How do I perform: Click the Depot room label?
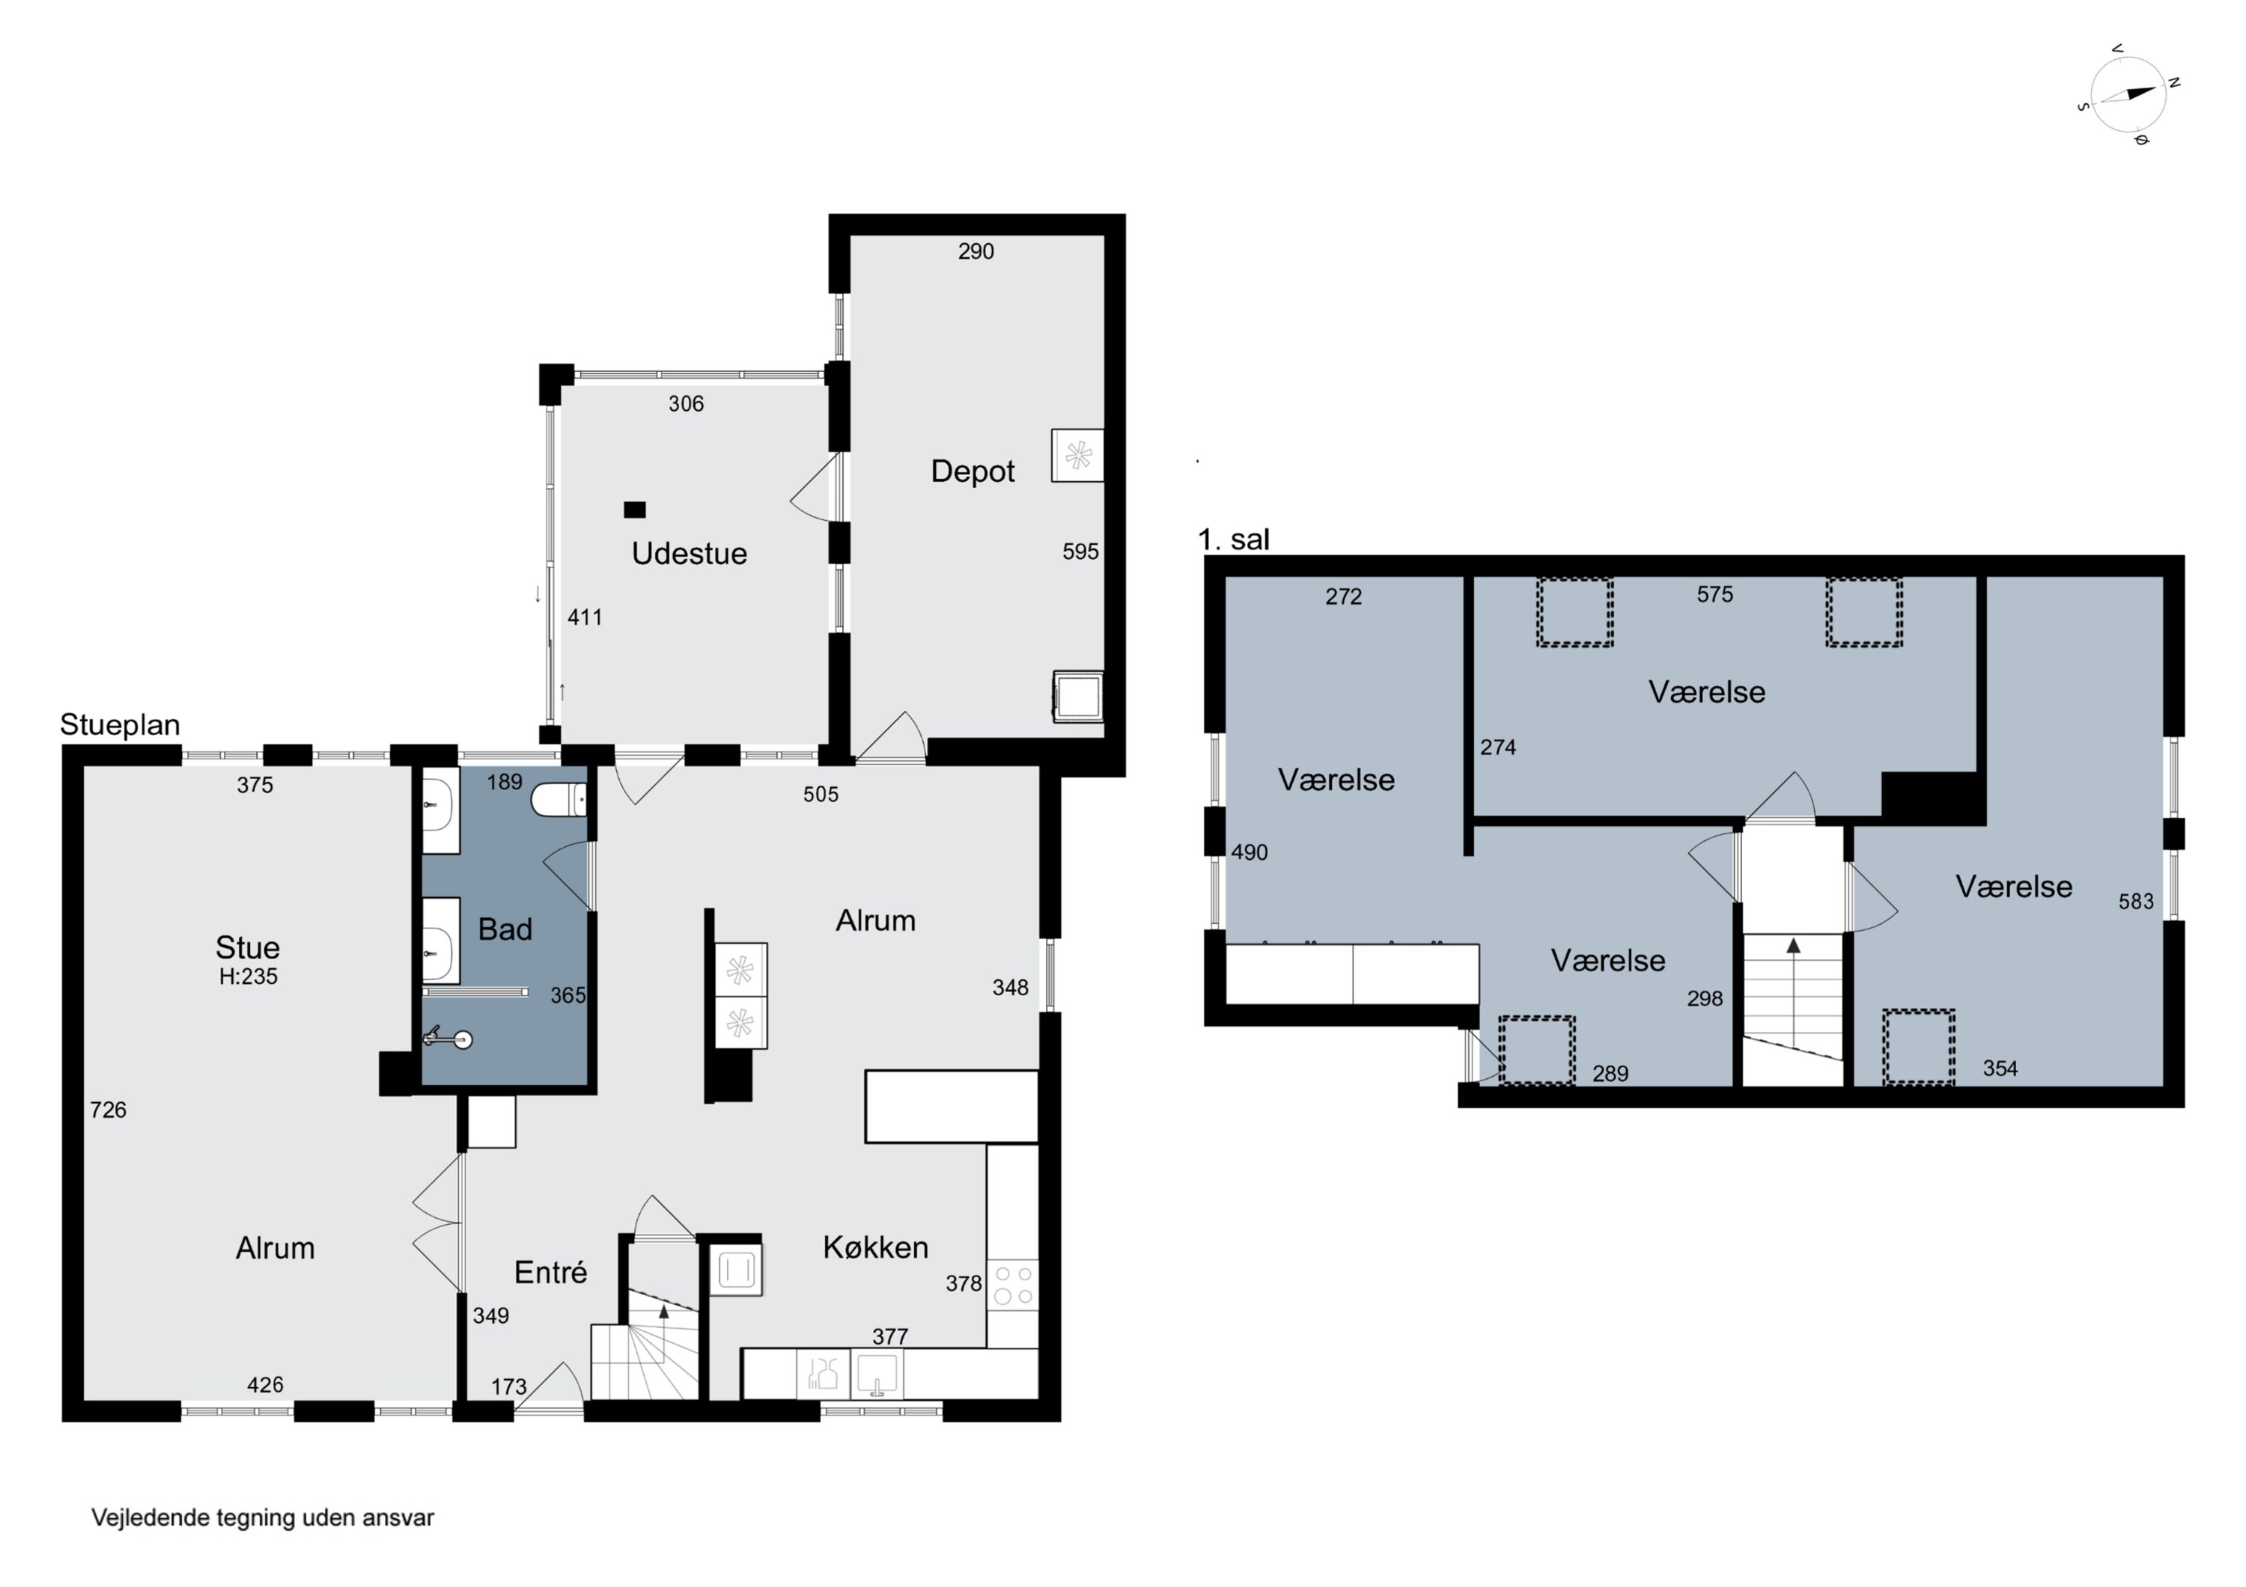[973, 471]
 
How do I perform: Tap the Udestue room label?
[690, 554]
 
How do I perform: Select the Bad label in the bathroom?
[505, 929]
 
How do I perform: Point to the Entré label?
[551, 1272]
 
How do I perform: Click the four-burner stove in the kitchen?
[1012, 1285]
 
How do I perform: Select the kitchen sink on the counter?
[877, 1373]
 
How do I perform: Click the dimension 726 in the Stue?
[108, 1110]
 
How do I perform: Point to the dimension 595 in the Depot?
[1081, 551]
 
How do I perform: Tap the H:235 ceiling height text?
[249, 976]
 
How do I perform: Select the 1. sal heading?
[1234, 539]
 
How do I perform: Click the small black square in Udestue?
[635, 510]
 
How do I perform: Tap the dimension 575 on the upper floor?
[1715, 595]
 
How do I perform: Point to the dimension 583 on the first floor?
[2137, 902]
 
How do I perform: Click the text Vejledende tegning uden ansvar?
[262, 1517]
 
